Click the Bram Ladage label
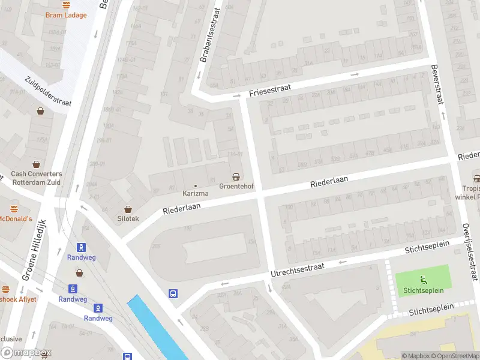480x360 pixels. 66,15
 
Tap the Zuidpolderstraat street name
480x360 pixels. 48,91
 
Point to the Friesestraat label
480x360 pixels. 269,91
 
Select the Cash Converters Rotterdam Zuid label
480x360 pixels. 36,178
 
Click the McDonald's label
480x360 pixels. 15,218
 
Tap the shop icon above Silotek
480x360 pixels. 128,208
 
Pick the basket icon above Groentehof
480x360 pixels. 237,176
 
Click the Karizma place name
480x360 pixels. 196,194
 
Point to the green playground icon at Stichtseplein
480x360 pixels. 422,279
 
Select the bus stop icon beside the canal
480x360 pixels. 173,293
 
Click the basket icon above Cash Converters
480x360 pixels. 37,164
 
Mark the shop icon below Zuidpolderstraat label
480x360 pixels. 40,111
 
